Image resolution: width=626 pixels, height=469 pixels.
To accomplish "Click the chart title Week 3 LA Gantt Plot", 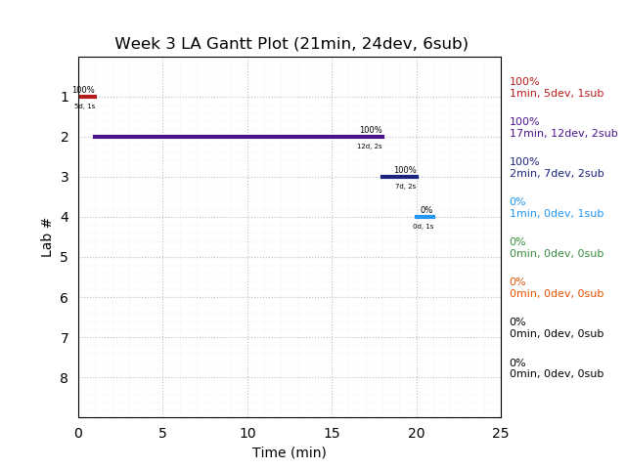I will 291,44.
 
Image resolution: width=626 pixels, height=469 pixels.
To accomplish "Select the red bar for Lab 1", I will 87,97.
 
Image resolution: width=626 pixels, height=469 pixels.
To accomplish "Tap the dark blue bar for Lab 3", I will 399,177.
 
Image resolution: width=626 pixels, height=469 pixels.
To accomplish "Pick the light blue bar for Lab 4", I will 425,217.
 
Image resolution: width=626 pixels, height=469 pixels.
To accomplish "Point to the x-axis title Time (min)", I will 290,452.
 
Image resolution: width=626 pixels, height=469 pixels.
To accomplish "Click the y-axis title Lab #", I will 47,237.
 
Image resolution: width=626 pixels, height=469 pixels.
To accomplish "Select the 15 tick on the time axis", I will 332,433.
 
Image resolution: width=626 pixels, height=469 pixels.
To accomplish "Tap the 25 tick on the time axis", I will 501,433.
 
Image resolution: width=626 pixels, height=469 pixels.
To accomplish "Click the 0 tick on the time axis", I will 78,433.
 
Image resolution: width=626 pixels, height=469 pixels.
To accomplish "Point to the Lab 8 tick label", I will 65,378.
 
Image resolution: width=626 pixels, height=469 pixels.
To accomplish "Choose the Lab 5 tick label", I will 65,257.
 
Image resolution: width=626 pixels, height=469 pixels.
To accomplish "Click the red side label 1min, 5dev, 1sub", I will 556,94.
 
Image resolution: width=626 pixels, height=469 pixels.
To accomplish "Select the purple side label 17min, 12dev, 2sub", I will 563,134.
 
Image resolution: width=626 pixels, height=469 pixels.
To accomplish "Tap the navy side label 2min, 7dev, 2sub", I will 556,174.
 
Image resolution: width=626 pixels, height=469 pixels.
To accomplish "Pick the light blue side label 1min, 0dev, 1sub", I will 556,214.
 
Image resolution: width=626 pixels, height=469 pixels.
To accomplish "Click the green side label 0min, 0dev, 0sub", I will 556,254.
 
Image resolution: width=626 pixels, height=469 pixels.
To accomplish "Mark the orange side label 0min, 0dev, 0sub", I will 556,294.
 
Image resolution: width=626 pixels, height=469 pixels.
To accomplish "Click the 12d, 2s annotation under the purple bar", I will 370,147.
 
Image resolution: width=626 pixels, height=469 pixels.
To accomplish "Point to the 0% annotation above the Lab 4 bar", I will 426,210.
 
